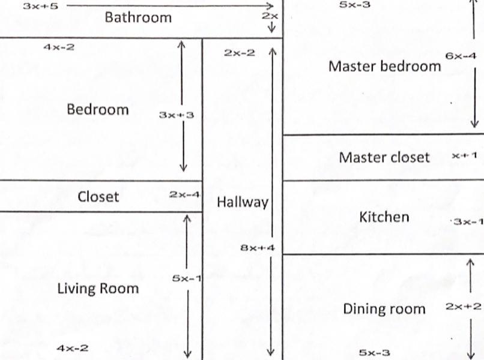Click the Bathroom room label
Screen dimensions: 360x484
click(x=138, y=17)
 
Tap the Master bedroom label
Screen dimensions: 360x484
click(x=384, y=66)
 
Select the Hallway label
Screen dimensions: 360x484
click(x=242, y=202)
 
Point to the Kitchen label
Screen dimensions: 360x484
click(x=384, y=217)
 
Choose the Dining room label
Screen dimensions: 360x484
click(x=384, y=309)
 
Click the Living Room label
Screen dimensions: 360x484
click(x=98, y=288)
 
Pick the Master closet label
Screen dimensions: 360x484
click(x=384, y=157)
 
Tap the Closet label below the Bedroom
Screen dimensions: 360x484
click(x=98, y=197)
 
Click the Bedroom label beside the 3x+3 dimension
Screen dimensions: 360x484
click(x=98, y=110)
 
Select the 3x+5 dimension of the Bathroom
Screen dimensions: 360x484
click(x=40, y=5)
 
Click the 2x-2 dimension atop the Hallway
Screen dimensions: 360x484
click(x=239, y=53)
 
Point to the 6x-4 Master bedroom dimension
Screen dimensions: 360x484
click(x=461, y=56)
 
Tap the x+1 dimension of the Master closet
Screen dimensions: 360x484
click(x=465, y=155)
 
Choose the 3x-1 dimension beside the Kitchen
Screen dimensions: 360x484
click(x=468, y=221)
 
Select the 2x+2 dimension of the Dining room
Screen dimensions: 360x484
click(x=463, y=306)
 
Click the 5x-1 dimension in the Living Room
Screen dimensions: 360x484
click(x=184, y=278)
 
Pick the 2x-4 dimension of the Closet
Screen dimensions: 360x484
click(x=184, y=194)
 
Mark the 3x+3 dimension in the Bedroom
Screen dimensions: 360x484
click(x=176, y=115)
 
